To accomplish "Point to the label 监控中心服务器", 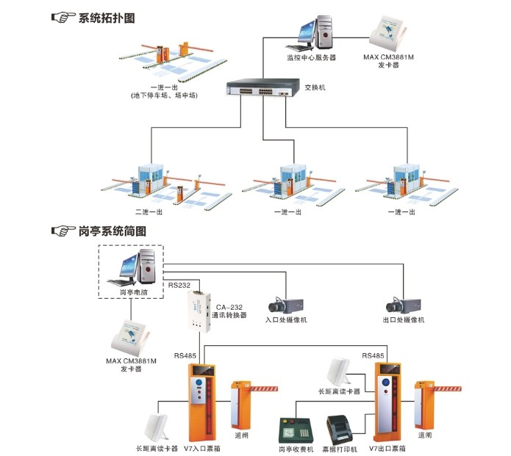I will [x=311, y=57].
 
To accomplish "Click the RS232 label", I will [x=178, y=284].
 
